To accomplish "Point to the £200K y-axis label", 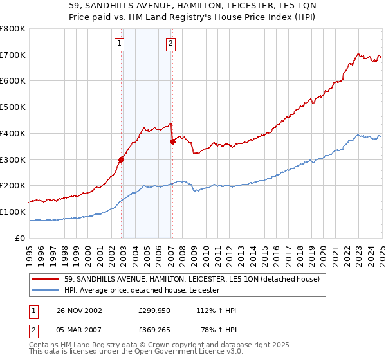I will pyautogui.click(x=13, y=186).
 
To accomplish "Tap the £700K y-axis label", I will pyautogui.click(x=13, y=55).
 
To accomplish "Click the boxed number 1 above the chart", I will pyautogui.click(x=120, y=44).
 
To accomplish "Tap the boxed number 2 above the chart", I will pyautogui.click(x=170, y=44).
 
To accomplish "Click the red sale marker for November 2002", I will pyautogui.click(x=122, y=159).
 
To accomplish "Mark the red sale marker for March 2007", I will pyautogui.click(x=172, y=141).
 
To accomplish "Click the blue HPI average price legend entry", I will pyautogui.click(x=141, y=290).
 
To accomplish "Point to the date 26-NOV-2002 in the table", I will pyautogui.click(x=79, y=310).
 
